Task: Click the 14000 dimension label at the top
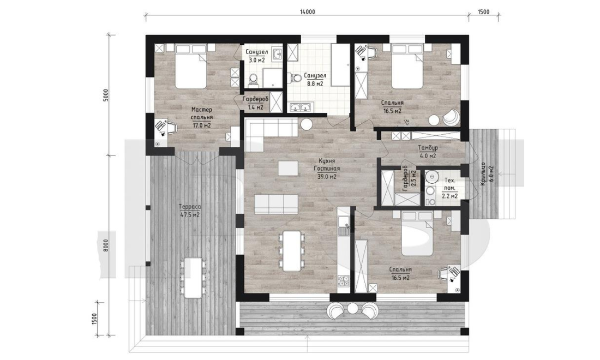click(308, 12)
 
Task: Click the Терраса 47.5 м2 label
click(190, 211)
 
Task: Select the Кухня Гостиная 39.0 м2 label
click(326, 169)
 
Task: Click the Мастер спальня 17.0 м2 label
click(202, 117)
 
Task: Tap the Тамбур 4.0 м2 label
click(428, 152)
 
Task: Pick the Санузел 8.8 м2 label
click(315, 80)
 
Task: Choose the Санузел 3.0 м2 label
click(256, 56)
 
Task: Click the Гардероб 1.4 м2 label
click(256, 103)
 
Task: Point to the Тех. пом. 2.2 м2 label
click(449, 188)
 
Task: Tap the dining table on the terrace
click(193, 278)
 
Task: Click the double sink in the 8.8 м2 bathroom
click(302, 107)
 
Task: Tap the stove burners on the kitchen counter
click(344, 281)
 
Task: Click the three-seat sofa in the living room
click(276, 203)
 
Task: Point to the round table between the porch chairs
click(352, 308)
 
